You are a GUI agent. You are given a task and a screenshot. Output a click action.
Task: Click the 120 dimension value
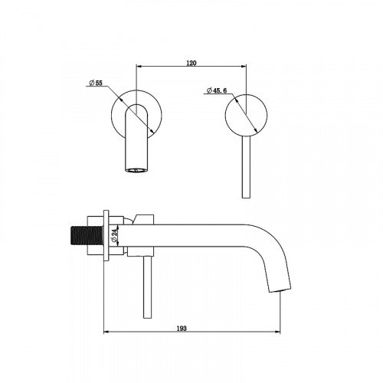(191, 63)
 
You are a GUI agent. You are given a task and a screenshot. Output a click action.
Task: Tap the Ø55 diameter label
(96, 83)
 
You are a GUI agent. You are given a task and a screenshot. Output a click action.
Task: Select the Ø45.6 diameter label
(217, 90)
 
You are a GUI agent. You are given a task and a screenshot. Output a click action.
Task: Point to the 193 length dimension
(182, 329)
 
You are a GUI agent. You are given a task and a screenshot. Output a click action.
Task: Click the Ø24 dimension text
(114, 236)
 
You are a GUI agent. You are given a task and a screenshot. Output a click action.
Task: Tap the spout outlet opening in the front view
(136, 169)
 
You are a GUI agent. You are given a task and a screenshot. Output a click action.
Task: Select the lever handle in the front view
(246, 166)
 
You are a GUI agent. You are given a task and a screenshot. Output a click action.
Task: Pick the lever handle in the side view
(147, 287)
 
